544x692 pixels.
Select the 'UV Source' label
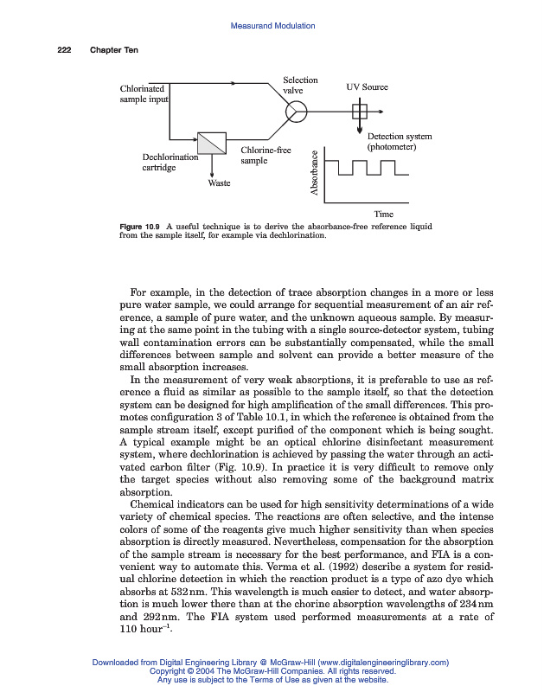(367, 87)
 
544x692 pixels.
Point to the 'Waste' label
(220, 183)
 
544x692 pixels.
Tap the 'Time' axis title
(383, 214)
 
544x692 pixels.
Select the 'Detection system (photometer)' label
(399, 142)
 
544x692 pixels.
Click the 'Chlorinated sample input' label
(144, 93)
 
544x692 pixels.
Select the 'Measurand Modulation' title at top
(272, 26)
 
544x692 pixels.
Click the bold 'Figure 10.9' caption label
(139, 227)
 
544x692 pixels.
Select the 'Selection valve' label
(300, 86)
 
